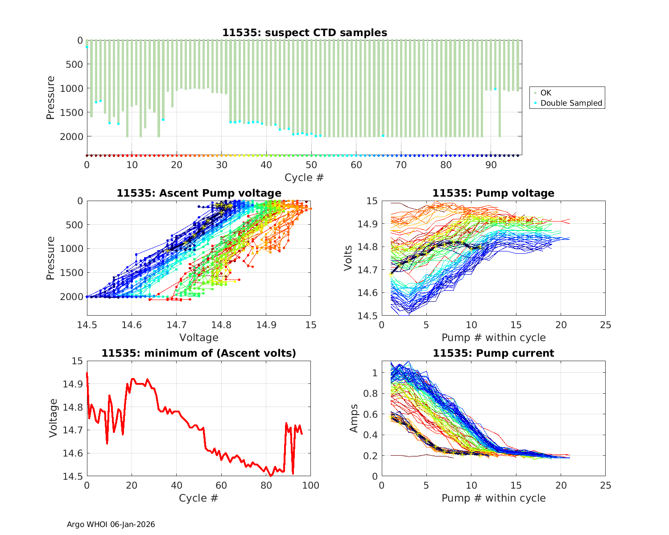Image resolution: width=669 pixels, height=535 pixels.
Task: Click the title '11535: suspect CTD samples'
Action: pyautogui.click(x=305, y=33)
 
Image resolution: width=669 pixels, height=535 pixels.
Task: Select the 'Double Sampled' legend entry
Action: pyautogui.click(x=571, y=103)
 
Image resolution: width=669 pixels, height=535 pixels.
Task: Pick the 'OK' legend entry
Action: pyautogui.click(x=545, y=93)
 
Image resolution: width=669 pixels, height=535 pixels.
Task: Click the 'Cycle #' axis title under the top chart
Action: pyautogui.click(x=304, y=177)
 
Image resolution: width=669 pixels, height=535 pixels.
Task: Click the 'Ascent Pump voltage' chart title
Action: pyautogui.click(x=199, y=193)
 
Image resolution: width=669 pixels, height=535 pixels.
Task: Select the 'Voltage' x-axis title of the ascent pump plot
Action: pyautogui.click(x=198, y=337)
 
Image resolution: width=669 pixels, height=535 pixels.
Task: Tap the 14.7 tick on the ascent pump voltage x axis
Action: pyautogui.click(x=176, y=325)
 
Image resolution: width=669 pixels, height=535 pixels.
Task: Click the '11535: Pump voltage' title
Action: pyautogui.click(x=493, y=193)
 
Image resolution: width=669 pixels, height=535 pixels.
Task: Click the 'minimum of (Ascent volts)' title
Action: pyautogui.click(x=199, y=353)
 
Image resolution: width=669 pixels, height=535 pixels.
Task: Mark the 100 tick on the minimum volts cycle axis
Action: pyautogui.click(x=310, y=486)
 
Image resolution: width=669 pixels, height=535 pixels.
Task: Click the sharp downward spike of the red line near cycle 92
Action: pyautogui.click(x=293, y=473)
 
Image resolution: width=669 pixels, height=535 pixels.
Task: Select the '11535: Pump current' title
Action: pyautogui.click(x=493, y=353)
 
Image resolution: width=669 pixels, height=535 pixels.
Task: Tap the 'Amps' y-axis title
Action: pyautogui.click(x=354, y=418)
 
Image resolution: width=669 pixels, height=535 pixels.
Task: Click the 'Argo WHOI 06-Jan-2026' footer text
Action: pyautogui.click(x=111, y=524)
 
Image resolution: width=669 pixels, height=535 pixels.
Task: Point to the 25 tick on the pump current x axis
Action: pyautogui.click(x=605, y=486)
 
